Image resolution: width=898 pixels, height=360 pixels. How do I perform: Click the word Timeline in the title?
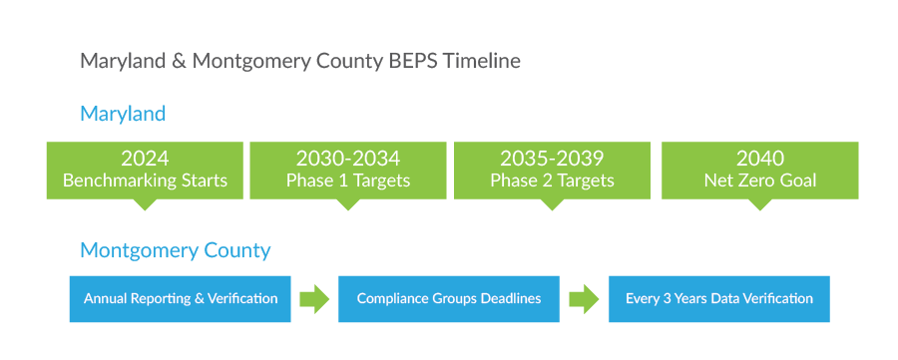point(482,61)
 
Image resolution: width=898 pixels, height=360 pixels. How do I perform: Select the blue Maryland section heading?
point(123,114)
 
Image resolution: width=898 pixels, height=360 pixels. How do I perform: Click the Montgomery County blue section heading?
point(175,250)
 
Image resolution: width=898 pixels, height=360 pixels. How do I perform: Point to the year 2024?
point(145,159)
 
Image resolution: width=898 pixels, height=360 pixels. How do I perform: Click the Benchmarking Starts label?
point(145,181)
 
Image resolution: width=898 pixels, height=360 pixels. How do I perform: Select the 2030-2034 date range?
point(347,159)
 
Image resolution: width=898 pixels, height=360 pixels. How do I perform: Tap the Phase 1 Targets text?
point(347,181)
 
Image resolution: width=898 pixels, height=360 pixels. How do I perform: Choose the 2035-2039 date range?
point(552,159)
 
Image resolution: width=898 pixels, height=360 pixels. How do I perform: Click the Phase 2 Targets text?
point(552,181)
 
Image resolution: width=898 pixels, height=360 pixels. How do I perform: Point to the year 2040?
point(760,159)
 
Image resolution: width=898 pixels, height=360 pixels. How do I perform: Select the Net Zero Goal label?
point(760,181)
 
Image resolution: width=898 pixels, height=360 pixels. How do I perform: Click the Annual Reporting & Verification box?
point(180,298)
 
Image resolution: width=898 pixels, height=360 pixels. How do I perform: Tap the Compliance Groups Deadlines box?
point(449,298)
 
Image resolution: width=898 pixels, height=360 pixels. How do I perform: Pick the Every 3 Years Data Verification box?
point(718,298)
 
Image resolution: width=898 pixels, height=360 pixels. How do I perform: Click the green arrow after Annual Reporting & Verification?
point(314,298)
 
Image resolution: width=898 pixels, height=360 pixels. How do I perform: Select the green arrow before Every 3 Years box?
point(584,298)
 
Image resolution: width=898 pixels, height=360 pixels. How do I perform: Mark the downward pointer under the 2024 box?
point(145,204)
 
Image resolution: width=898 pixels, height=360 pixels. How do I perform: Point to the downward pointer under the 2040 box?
point(760,204)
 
